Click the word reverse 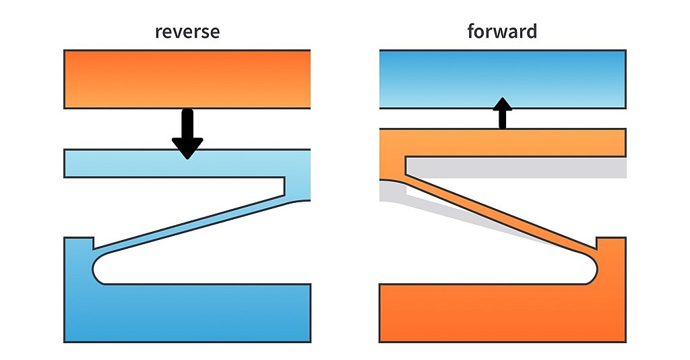187,32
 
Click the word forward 502,32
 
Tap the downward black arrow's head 187,147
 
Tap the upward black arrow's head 502,104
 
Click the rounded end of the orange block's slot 591,270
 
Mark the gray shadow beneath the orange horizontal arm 519,169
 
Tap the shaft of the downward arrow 187,123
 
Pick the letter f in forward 472,31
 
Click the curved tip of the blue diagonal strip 300,198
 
